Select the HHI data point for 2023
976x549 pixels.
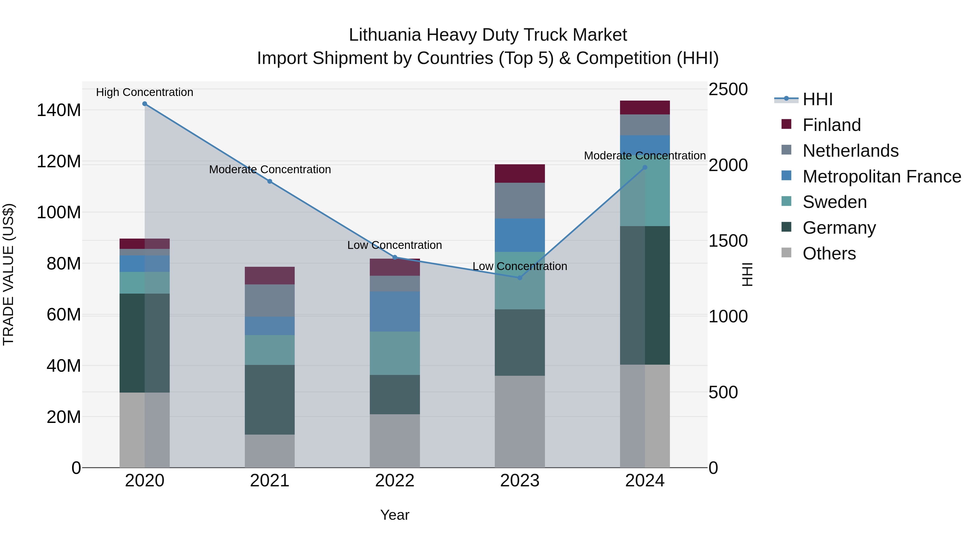tap(519, 278)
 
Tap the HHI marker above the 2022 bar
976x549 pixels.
tap(394, 257)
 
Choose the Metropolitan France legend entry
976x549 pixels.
tap(881, 176)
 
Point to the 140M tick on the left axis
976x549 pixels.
tap(59, 110)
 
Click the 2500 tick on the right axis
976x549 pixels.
tap(728, 90)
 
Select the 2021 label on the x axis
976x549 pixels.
tap(269, 481)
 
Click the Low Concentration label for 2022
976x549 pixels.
tap(394, 245)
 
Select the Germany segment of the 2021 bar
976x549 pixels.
tap(269, 399)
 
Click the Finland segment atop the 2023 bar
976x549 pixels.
tap(519, 174)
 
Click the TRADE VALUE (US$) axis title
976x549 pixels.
tap(8, 274)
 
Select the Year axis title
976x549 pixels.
tap(394, 515)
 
